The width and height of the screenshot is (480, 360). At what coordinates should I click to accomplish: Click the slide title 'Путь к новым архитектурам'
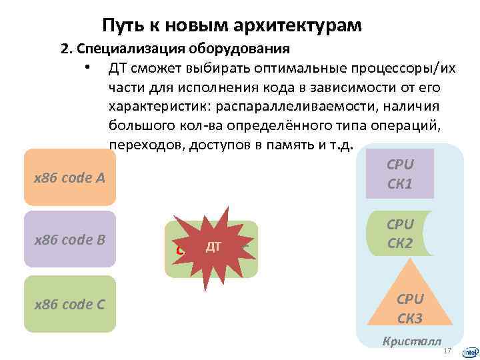(x=232, y=25)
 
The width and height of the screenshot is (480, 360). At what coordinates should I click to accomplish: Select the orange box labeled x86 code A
(x=69, y=177)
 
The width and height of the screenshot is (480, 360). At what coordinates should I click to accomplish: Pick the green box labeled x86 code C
(x=69, y=304)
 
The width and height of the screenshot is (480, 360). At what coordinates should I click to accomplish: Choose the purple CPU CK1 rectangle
(x=400, y=173)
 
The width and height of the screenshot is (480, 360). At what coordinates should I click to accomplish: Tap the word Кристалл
(x=411, y=341)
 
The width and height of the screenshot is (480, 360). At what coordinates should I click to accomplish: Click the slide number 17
(x=447, y=351)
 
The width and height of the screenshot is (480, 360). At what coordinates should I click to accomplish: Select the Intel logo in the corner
(x=469, y=351)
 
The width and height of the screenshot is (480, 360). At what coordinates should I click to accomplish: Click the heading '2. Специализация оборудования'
(x=175, y=49)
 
